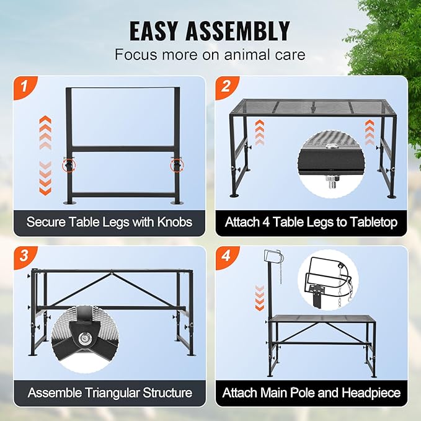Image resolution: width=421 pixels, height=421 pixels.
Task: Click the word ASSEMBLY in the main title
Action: point(237,31)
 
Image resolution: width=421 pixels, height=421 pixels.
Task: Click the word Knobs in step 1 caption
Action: point(175,222)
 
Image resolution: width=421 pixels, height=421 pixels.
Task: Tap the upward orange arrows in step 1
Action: point(45,132)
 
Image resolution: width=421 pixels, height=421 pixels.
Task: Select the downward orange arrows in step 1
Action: point(45,178)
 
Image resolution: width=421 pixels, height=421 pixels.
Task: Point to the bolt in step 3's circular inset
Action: point(85,339)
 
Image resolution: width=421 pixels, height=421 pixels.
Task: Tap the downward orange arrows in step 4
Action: point(260,298)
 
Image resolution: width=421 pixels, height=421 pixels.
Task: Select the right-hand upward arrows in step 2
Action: point(370,132)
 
